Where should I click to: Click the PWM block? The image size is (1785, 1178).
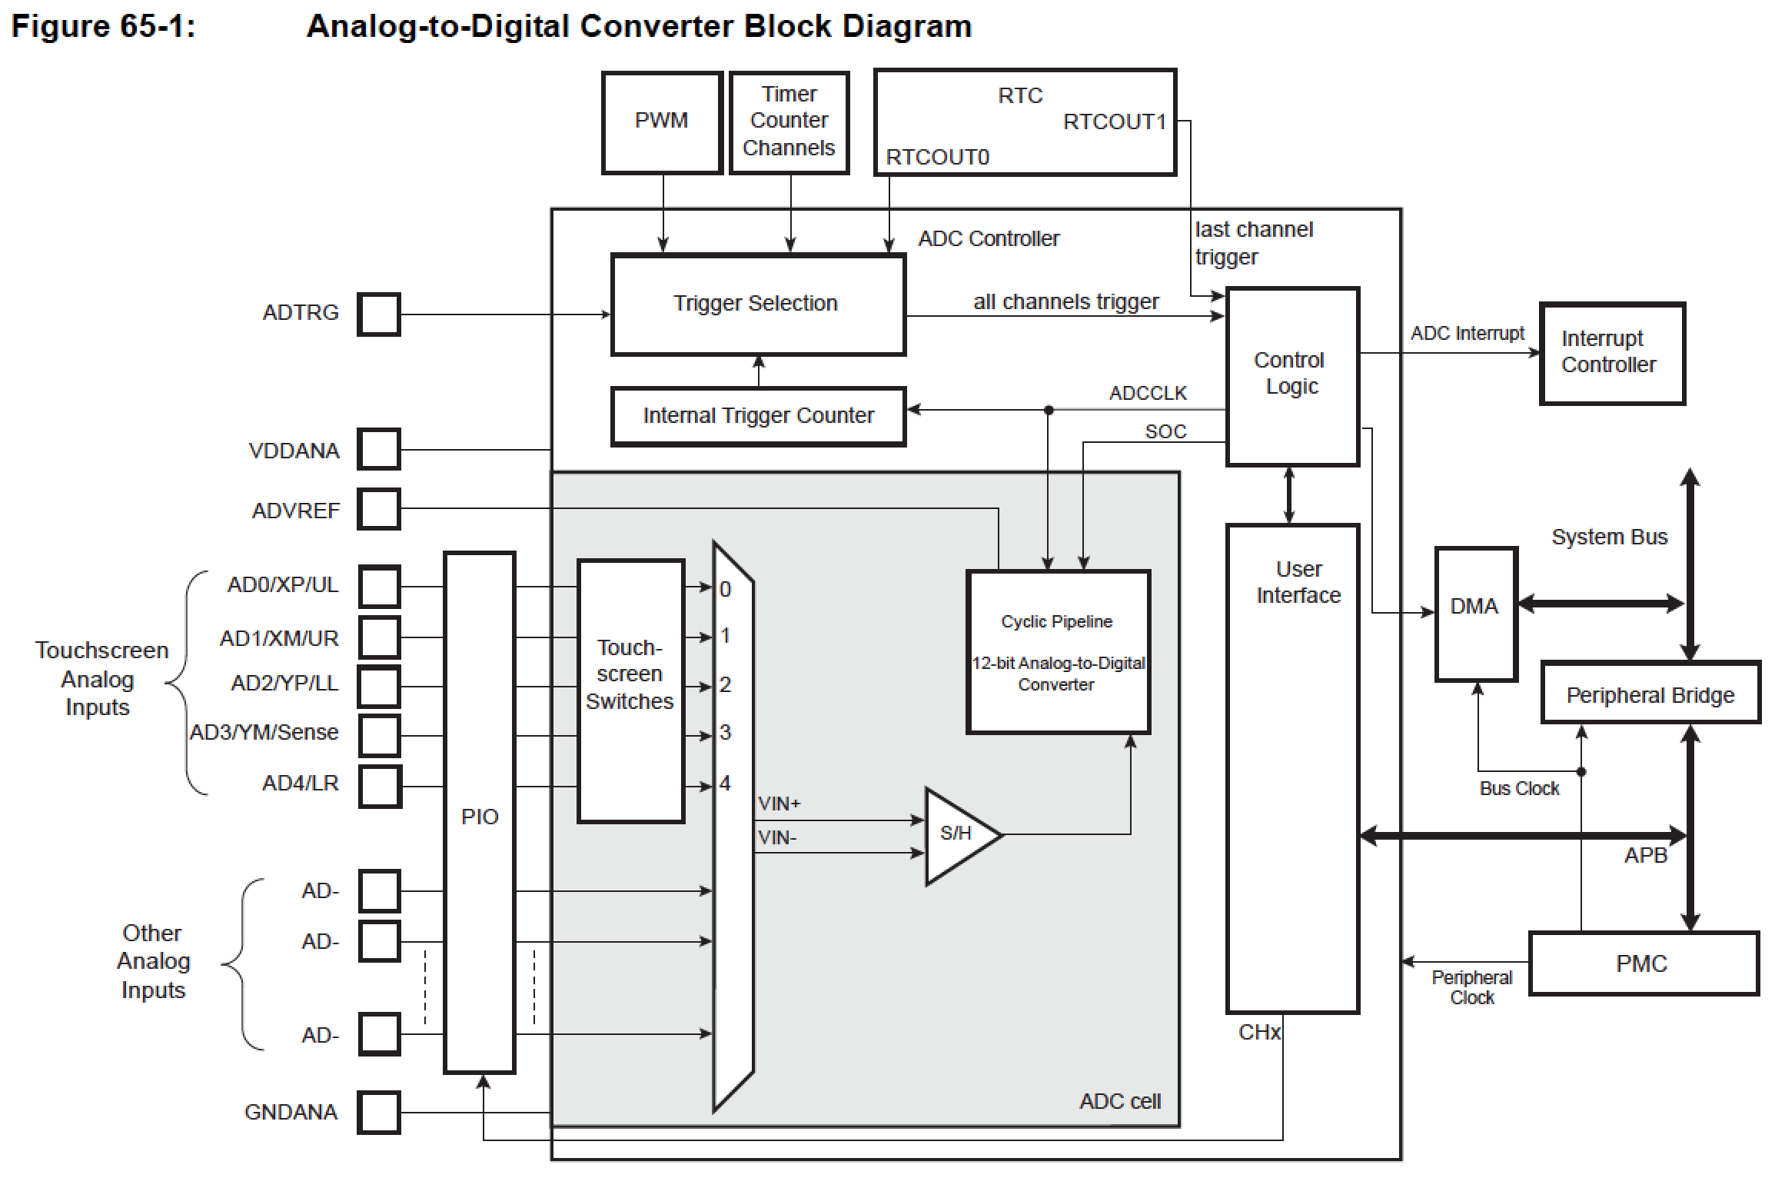tap(662, 123)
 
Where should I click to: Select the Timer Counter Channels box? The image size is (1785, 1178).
tap(789, 123)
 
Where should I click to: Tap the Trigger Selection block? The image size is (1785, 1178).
tap(758, 305)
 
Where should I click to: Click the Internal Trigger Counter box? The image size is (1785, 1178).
tap(758, 417)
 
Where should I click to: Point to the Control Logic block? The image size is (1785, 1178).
tap(1292, 377)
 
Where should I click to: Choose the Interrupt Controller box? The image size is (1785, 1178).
tap(1612, 354)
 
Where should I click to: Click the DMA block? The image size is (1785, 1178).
tap(1475, 614)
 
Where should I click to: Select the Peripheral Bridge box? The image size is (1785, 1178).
tap(1650, 693)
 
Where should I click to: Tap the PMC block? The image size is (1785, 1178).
tap(1644, 964)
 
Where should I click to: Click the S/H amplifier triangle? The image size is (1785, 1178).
tap(959, 835)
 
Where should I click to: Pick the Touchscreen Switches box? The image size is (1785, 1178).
tap(630, 690)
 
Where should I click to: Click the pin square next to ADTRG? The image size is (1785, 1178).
tap(379, 314)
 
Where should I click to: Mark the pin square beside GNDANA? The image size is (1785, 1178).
tap(379, 1113)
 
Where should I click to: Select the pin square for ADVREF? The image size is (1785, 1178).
tap(379, 509)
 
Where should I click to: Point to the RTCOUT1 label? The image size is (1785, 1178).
tap(1114, 122)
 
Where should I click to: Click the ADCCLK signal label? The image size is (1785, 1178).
tap(1148, 394)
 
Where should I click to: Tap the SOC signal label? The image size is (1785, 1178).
tap(1165, 432)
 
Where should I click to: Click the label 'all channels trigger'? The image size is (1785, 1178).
tap(1065, 302)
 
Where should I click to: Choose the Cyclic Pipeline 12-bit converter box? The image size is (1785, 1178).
tap(1058, 652)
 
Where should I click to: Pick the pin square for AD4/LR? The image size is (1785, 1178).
tap(380, 786)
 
